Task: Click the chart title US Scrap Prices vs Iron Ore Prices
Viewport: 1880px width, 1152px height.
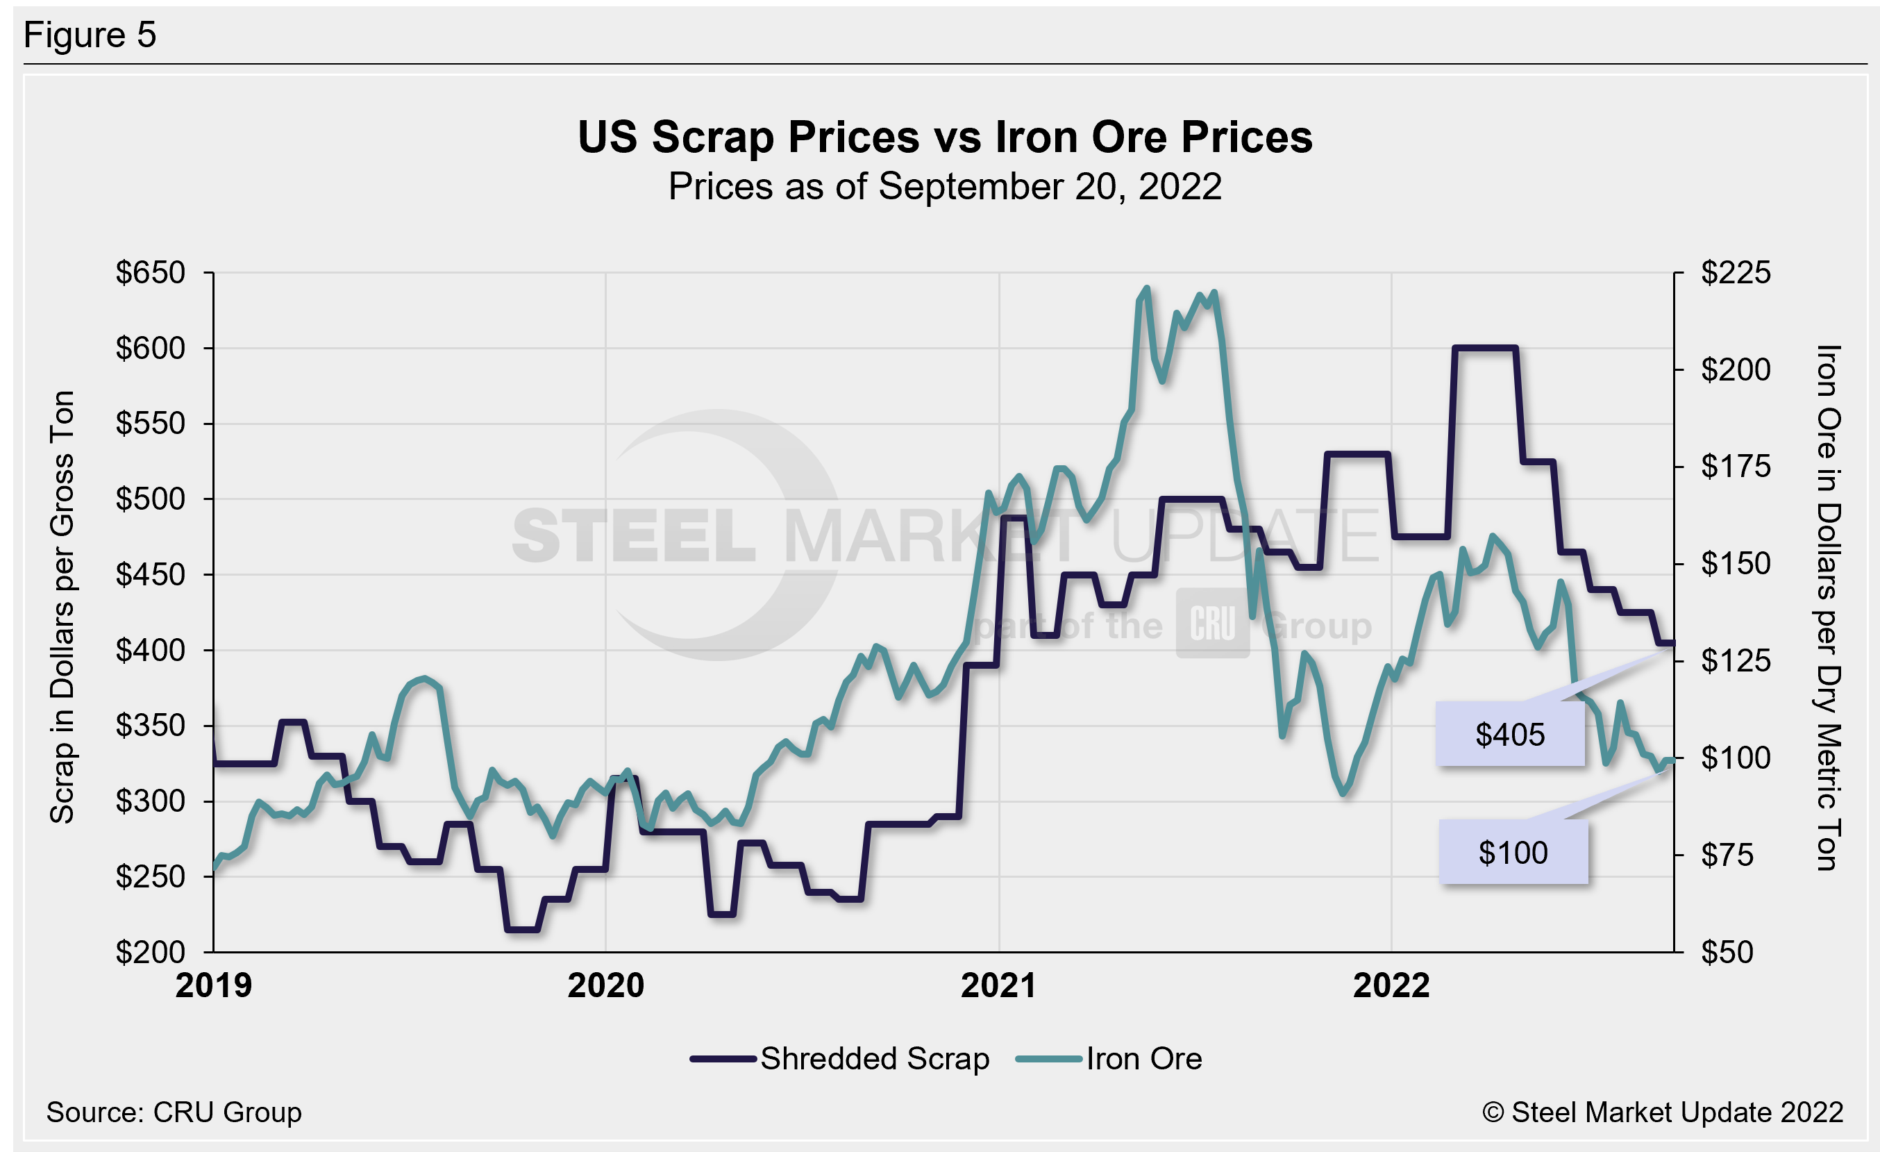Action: click(x=945, y=137)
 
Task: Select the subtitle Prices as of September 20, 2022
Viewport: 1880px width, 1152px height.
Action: click(x=945, y=187)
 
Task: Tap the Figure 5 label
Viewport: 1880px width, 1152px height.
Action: click(x=90, y=35)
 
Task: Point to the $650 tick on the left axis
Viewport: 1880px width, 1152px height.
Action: click(x=151, y=273)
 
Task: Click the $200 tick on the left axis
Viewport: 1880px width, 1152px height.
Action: click(x=151, y=952)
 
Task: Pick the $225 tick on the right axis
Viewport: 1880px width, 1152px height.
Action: click(x=1736, y=273)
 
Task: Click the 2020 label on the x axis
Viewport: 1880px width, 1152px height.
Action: click(x=605, y=985)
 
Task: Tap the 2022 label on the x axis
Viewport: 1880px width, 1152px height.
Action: click(x=1391, y=985)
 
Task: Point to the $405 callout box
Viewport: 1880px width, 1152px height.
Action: click(x=1509, y=734)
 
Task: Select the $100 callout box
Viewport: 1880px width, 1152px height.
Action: click(x=1513, y=852)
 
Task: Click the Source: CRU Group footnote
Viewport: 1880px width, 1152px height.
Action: click(x=174, y=1112)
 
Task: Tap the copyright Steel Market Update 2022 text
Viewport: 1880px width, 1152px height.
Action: click(x=1662, y=1112)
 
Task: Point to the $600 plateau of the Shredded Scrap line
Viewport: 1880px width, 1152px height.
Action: click(x=1484, y=348)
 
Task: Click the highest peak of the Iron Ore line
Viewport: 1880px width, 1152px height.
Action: click(x=1147, y=288)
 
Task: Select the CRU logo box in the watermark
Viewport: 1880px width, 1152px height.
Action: click(x=1212, y=624)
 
